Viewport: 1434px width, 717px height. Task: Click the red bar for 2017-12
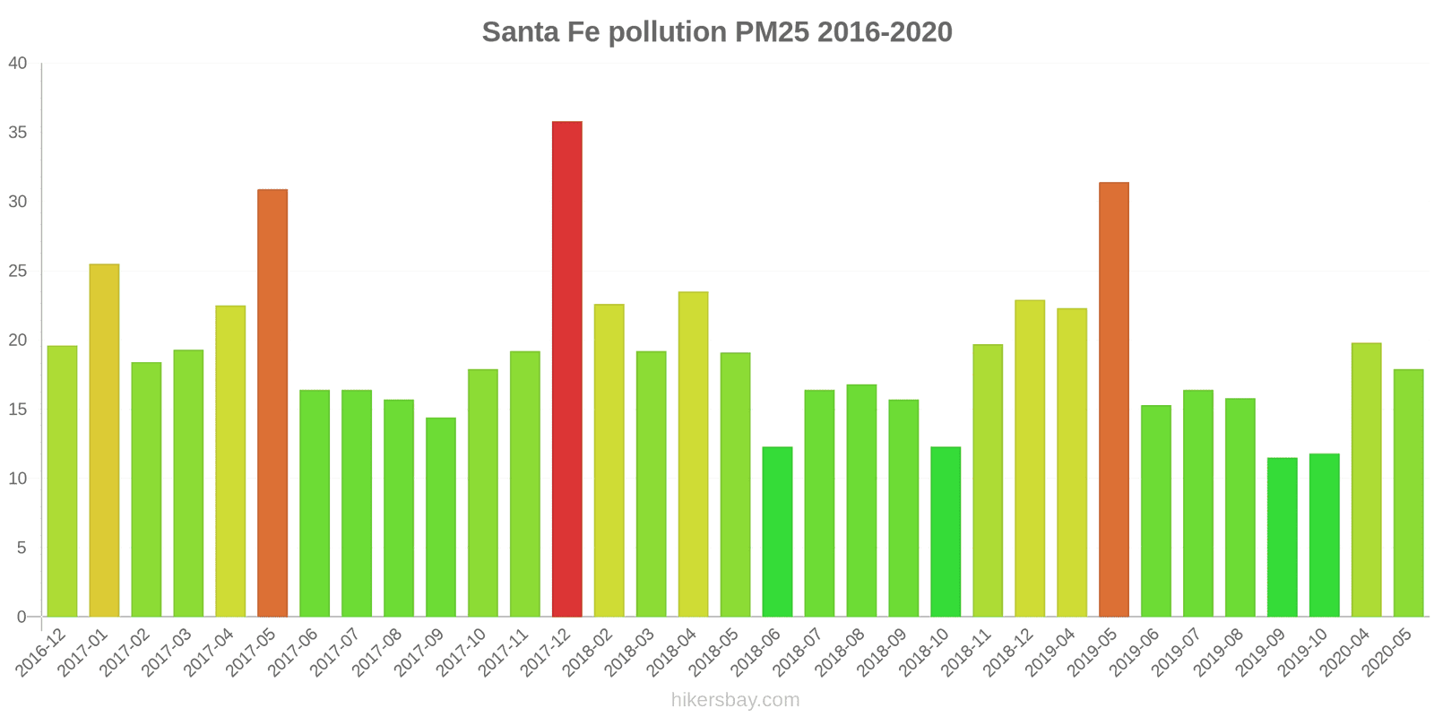pos(566,369)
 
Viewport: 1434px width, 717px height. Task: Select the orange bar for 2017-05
pos(272,403)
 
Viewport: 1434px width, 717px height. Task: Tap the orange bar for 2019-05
pos(1114,400)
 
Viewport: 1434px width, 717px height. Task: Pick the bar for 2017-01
pos(104,441)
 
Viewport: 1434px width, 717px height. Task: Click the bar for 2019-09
pos(1282,538)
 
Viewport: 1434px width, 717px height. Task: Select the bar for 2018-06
pos(777,532)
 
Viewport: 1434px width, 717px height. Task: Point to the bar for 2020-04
pos(1366,480)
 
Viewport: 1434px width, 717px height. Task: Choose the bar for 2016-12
pos(62,481)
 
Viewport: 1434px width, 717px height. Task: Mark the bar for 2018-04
pos(693,454)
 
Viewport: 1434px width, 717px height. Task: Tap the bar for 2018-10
pos(946,532)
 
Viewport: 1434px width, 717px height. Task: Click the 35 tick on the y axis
pos(18,133)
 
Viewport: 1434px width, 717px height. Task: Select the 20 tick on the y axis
pos(18,341)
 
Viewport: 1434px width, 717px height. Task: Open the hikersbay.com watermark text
pos(735,700)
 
